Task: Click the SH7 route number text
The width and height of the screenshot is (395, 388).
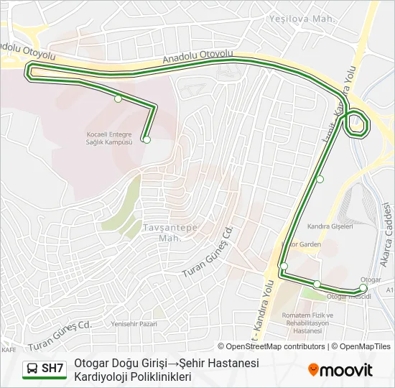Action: click(52, 369)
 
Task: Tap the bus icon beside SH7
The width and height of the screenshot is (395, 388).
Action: click(32, 369)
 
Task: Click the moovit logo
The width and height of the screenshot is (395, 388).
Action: click(340, 370)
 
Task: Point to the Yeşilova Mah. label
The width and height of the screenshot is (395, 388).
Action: click(301, 19)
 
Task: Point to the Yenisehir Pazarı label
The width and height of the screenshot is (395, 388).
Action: click(134, 324)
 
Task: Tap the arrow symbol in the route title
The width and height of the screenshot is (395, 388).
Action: click(172, 363)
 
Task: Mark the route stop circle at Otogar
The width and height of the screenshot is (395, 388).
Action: click(363, 288)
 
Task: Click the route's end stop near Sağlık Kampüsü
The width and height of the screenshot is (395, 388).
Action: click(147, 140)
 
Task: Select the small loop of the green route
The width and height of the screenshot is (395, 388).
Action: click(357, 125)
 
